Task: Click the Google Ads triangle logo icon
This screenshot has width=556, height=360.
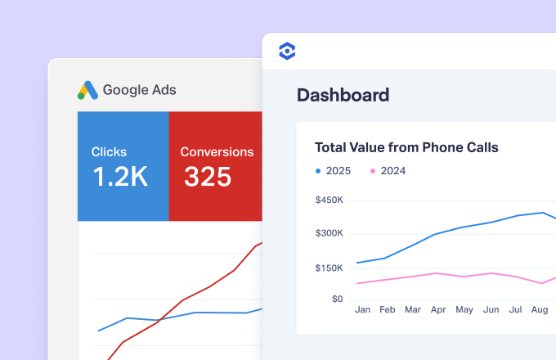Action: coord(87,91)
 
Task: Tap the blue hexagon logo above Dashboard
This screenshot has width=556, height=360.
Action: coord(287,51)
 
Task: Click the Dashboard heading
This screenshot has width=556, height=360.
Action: coord(343,95)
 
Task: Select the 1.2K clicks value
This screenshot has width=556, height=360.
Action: coord(120,176)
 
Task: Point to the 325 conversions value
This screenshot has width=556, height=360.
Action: coord(208,177)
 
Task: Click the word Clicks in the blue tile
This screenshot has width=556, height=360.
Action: coord(109,152)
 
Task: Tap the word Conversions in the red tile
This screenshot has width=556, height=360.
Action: coord(217,152)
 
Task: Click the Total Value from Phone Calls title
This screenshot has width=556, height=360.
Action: coord(406,147)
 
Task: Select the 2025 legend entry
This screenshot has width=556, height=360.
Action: coord(334,171)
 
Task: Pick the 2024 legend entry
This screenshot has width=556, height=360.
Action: coord(388,171)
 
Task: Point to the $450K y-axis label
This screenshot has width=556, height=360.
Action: coord(330,200)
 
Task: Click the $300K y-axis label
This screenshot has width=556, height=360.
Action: coord(330,233)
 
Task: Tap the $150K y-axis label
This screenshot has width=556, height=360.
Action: coord(329,268)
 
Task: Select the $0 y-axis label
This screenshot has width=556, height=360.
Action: coord(337,299)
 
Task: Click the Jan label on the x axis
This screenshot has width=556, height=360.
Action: coord(362,309)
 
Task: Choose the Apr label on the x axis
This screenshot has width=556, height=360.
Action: coord(438,309)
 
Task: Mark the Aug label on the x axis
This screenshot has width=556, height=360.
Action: coord(540,309)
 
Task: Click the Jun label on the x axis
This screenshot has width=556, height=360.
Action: coord(491,309)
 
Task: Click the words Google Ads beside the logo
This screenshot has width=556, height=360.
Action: coord(139,90)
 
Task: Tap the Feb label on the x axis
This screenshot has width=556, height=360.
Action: coord(388,309)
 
